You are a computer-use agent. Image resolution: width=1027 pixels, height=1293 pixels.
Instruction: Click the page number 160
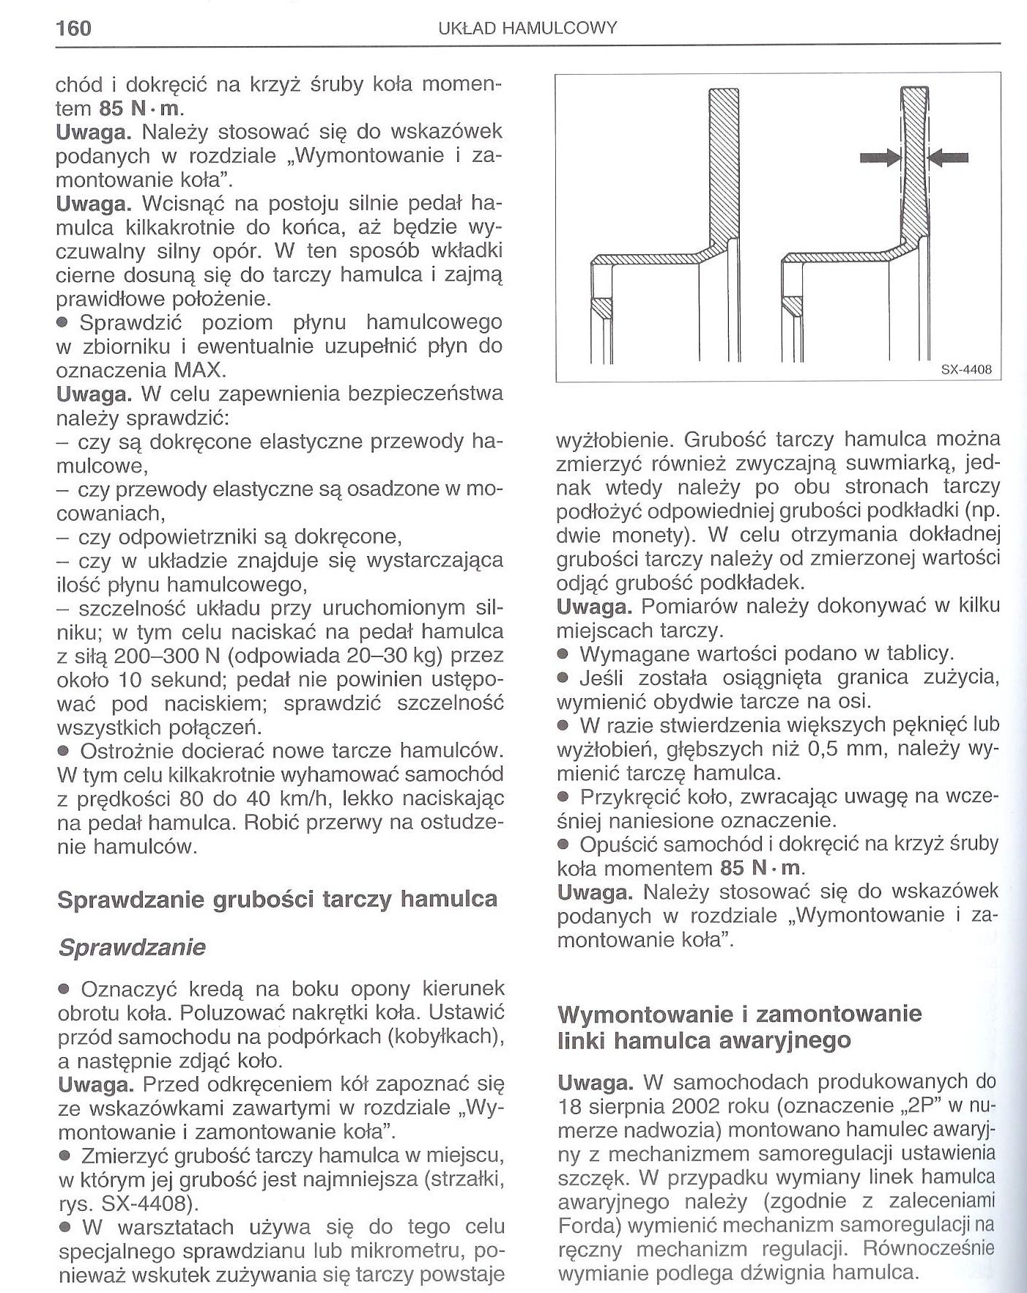coord(73,28)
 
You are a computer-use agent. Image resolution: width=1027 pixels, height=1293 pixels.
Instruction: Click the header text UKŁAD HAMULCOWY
coord(527,29)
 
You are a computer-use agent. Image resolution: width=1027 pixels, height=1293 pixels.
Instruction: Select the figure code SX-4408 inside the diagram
coord(965,370)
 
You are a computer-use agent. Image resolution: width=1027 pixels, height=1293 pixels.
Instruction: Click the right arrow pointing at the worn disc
coord(949,156)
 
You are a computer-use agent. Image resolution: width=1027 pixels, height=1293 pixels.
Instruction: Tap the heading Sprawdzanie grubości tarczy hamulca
coord(277,899)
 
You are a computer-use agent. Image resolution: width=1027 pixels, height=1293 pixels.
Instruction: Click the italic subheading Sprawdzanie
coord(131,947)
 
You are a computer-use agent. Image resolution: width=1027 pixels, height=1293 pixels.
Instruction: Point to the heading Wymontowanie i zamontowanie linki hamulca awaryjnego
coord(739,1027)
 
